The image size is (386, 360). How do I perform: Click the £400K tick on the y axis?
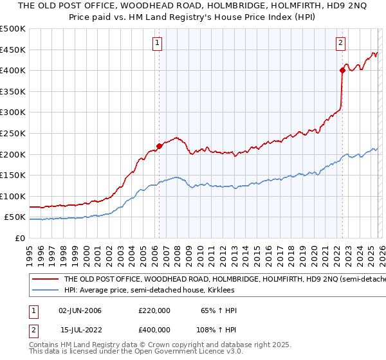13,70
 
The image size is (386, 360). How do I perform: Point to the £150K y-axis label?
13,175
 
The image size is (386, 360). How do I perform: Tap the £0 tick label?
21,238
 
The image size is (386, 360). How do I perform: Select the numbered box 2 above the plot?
340,44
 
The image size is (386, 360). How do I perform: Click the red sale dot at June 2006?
160,145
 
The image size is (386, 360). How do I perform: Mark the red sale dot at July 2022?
342,71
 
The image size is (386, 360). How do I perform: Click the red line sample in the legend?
44,280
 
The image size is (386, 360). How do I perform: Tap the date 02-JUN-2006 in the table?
80,310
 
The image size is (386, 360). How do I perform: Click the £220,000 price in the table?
154,310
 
